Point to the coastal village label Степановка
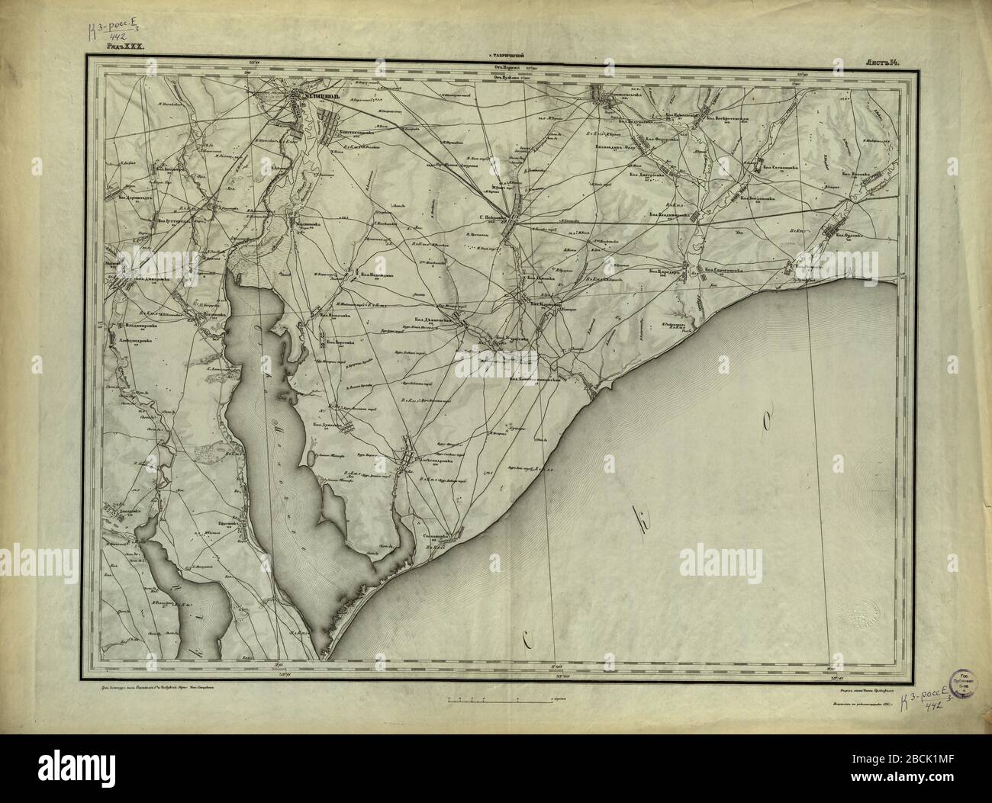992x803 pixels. [439, 536]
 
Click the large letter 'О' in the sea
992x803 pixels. [765, 419]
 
